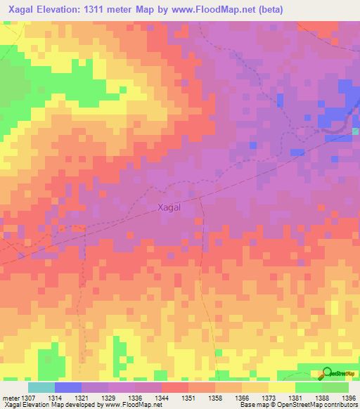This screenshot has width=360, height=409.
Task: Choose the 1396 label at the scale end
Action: [349, 398]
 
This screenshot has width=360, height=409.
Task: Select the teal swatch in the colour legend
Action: [41, 387]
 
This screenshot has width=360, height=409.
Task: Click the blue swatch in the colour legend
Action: [67, 387]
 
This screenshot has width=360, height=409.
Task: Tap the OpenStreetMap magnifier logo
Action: [328, 373]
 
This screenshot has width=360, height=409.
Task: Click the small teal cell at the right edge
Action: [356, 131]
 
